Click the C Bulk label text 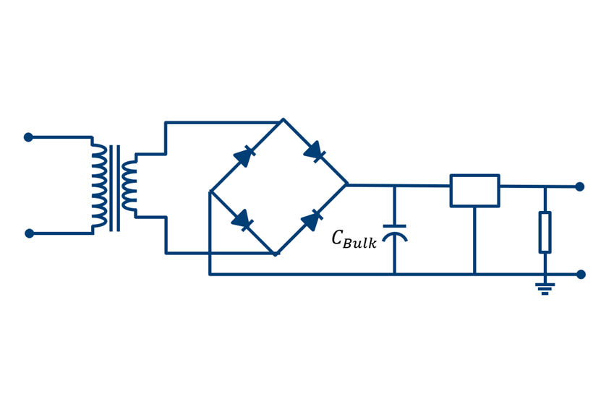(354, 239)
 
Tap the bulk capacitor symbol (394, 231)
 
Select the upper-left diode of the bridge (244, 156)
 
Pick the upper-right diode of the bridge (315, 152)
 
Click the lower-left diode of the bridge (242, 220)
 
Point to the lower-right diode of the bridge (312, 220)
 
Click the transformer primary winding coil (99, 186)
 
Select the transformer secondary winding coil (129, 186)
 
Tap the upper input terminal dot (29, 137)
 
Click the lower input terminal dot (30, 233)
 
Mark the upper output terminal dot (579, 186)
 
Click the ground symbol (545, 288)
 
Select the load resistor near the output (545, 232)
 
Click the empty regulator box (474, 191)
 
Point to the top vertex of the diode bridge (283, 120)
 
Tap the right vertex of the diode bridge (347, 185)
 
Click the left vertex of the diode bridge (210, 191)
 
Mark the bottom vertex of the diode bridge (276, 254)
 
